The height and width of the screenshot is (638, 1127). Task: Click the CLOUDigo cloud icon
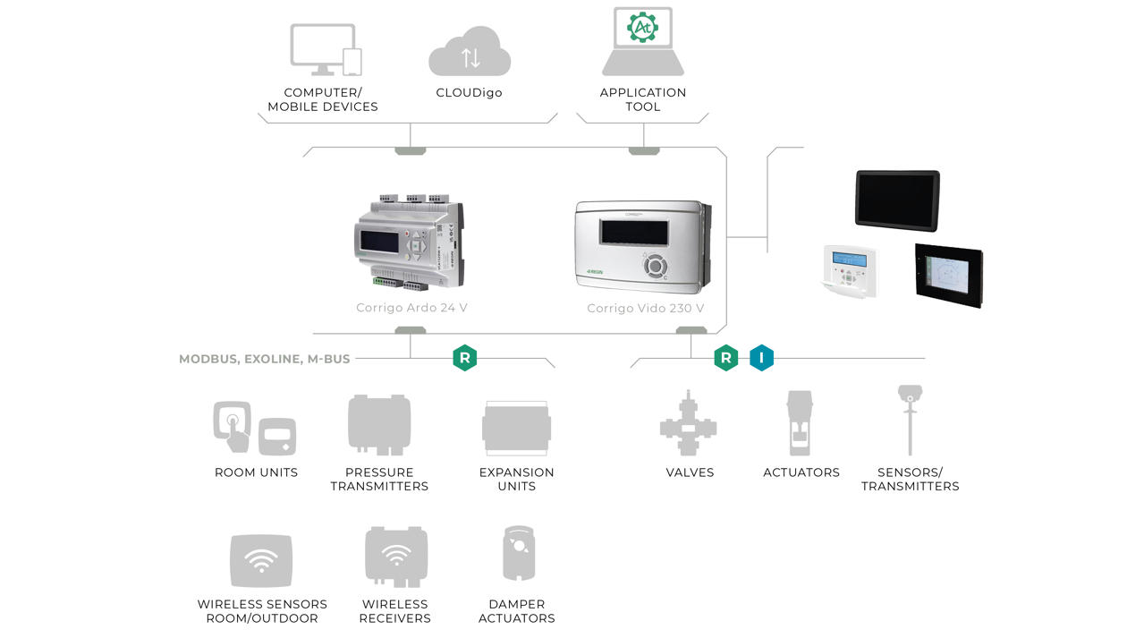(x=470, y=54)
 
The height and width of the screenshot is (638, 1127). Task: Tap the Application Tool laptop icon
(x=643, y=43)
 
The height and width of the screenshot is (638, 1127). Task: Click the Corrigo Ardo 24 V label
(x=411, y=308)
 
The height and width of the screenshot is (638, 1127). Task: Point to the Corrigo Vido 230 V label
(x=646, y=309)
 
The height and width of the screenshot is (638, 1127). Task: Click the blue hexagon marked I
(x=761, y=358)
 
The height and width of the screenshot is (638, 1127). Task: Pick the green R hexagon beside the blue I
(x=725, y=358)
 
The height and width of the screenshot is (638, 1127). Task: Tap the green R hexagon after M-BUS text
(x=464, y=358)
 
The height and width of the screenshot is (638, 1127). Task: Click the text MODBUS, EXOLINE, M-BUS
(x=265, y=359)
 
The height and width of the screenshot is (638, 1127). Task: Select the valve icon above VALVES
(x=688, y=425)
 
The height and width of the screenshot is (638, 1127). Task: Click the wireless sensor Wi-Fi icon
(x=261, y=560)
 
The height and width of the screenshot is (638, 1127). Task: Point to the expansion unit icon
(x=516, y=429)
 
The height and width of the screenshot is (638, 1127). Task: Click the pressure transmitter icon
(x=379, y=425)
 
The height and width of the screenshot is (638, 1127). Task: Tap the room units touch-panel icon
(x=233, y=426)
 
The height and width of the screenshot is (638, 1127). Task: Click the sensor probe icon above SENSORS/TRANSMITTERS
(x=910, y=420)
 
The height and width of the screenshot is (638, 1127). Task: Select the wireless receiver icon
(x=395, y=557)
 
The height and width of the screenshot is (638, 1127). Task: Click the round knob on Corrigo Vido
(x=655, y=266)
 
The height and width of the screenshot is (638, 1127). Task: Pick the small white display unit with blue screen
(x=849, y=269)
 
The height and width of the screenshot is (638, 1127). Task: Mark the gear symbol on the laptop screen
(x=642, y=28)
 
